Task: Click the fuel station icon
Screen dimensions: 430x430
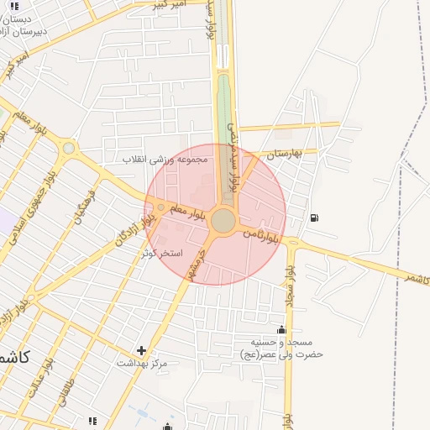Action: pyautogui.click(x=314, y=218)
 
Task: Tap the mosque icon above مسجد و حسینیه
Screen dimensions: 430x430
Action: pyautogui.click(x=281, y=330)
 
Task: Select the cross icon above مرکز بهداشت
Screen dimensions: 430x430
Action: pyautogui.click(x=141, y=350)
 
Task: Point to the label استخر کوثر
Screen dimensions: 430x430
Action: pyautogui.click(x=162, y=252)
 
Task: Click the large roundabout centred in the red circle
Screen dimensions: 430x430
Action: pyautogui.click(x=223, y=221)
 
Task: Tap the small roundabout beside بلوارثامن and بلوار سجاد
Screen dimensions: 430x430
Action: pyautogui.click(x=291, y=241)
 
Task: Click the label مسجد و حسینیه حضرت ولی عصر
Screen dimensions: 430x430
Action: pyautogui.click(x=281, y=348)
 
